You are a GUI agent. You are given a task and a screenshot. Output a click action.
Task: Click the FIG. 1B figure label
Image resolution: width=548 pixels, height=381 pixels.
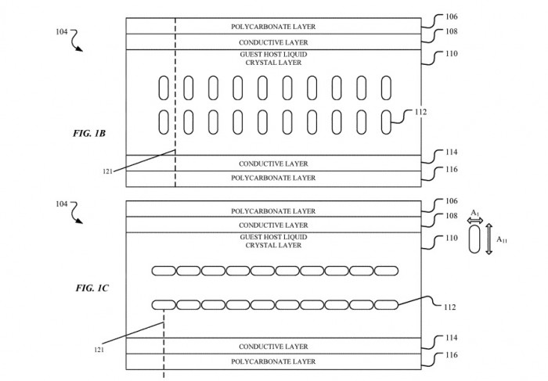pos(89,134)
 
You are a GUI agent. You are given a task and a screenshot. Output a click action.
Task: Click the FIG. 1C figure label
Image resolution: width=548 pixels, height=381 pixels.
pos(92,288)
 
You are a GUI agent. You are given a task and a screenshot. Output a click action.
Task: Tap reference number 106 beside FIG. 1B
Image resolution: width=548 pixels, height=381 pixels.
pos(451,16)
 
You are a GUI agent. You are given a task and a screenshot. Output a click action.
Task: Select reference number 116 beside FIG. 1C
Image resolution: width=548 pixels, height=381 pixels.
pos(451,355)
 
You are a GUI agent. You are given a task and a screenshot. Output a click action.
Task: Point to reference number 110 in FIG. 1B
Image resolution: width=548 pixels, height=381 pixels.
pos(451,54)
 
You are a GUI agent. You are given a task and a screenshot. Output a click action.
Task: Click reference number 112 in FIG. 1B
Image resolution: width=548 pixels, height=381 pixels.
pos(421,112)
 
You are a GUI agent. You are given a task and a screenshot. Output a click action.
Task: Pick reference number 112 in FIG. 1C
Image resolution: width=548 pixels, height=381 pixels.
pos(450,307)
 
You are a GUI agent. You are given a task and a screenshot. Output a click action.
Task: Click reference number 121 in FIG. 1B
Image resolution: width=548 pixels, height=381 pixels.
pos(108,171)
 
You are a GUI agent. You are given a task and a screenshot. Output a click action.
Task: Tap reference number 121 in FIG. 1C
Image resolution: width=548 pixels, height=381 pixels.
pos(99,349)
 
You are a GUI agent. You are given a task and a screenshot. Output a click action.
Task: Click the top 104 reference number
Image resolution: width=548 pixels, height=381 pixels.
pos(62,32)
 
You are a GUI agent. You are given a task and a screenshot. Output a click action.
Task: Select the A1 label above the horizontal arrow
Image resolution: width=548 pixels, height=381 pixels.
pos(475,213)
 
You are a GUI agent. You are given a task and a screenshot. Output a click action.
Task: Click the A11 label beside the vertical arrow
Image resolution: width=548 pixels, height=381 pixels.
pos(502,239)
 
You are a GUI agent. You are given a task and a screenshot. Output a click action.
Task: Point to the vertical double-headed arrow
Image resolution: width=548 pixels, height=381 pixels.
pos(489,239)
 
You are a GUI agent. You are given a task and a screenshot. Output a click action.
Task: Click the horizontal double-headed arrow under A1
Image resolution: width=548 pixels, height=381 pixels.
pos(475,221)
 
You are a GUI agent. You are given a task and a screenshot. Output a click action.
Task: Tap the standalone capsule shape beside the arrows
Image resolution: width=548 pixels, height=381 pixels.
pos(474,239)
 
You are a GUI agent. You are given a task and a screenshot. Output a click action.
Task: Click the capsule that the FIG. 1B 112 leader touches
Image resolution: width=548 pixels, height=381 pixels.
pos(386,122)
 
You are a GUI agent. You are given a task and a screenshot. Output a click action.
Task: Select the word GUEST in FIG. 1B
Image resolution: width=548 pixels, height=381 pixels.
pos(249,55)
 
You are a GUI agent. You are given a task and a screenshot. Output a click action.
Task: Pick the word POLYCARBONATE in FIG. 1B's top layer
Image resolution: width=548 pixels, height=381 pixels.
pos(254,27)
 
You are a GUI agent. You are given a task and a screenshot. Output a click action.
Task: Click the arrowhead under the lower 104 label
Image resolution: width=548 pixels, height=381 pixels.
pos(80,221)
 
